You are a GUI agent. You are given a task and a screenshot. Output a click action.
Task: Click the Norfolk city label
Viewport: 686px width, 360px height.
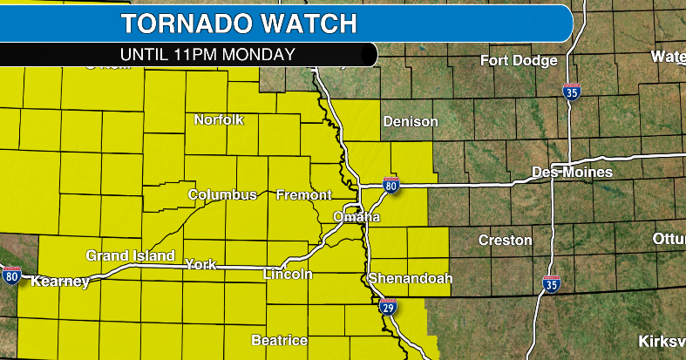[219, 119]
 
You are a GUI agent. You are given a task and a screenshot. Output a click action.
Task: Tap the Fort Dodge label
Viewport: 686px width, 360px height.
[518, 60]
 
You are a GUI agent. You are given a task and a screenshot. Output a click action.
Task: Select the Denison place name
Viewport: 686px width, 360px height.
[410, 121]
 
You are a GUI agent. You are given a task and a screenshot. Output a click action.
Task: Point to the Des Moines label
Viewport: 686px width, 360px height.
[572, 172]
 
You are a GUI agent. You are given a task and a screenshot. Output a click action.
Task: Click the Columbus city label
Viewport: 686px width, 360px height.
[222, 194]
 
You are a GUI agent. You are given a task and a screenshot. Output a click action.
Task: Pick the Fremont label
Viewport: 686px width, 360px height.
[303, 194]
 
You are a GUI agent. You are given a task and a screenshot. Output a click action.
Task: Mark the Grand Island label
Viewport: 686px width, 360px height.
[130, 255]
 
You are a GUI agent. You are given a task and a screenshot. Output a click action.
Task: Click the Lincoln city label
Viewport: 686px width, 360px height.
[288, 275]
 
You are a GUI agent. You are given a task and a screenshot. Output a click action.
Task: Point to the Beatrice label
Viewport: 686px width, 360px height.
[279, 340]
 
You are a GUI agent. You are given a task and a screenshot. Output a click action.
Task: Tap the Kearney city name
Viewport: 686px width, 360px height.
[60, 282]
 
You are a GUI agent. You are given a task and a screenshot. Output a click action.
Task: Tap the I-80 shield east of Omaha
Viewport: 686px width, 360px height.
[391, 186]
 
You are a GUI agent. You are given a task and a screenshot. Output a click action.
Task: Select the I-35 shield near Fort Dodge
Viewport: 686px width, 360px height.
[571, 92]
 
